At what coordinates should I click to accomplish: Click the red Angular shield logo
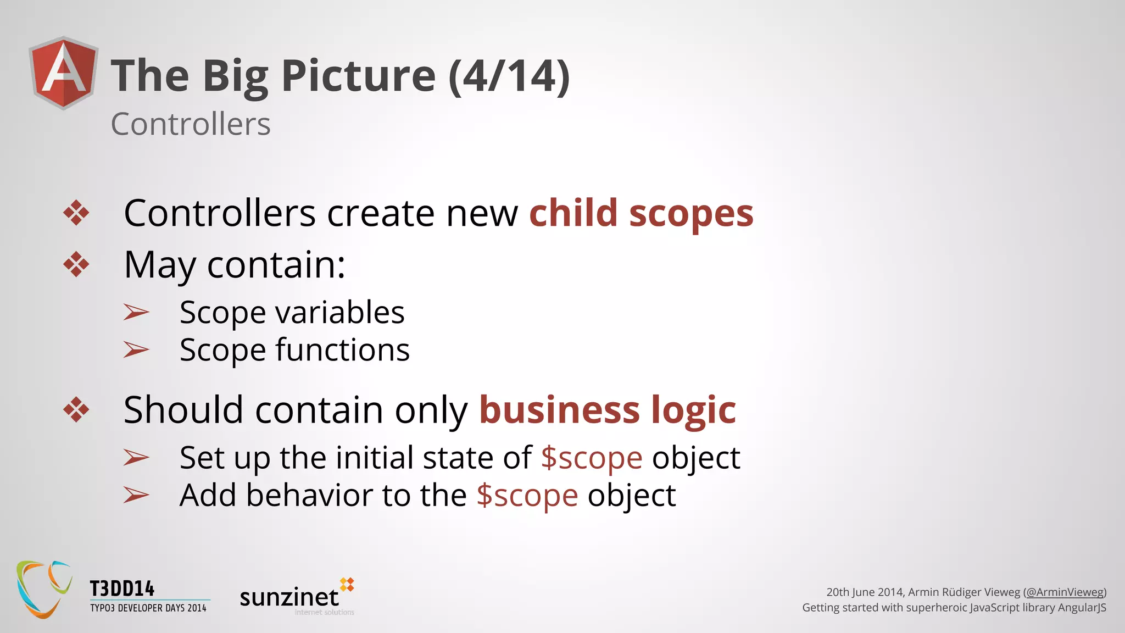(x=64, y=73)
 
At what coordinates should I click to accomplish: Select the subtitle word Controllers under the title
(x=191, y=124)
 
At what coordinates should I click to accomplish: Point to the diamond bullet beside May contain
(x=76, y=264)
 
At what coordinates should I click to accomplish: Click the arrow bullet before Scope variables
(x=136, y=312)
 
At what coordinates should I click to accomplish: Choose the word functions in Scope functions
(x=342, y=350)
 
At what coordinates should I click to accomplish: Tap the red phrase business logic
(x=608, y=410)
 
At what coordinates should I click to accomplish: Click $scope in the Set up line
(x=592, y=458)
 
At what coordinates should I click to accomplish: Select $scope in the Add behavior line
(x=527, y=496)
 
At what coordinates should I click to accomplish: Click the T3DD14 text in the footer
(x=122, y=589)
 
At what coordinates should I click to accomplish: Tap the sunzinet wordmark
(x=289, y=597)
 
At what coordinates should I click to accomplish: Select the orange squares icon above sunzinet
(x=347, y=585)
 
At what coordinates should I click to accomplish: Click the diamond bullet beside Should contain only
(x=76, y=409)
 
